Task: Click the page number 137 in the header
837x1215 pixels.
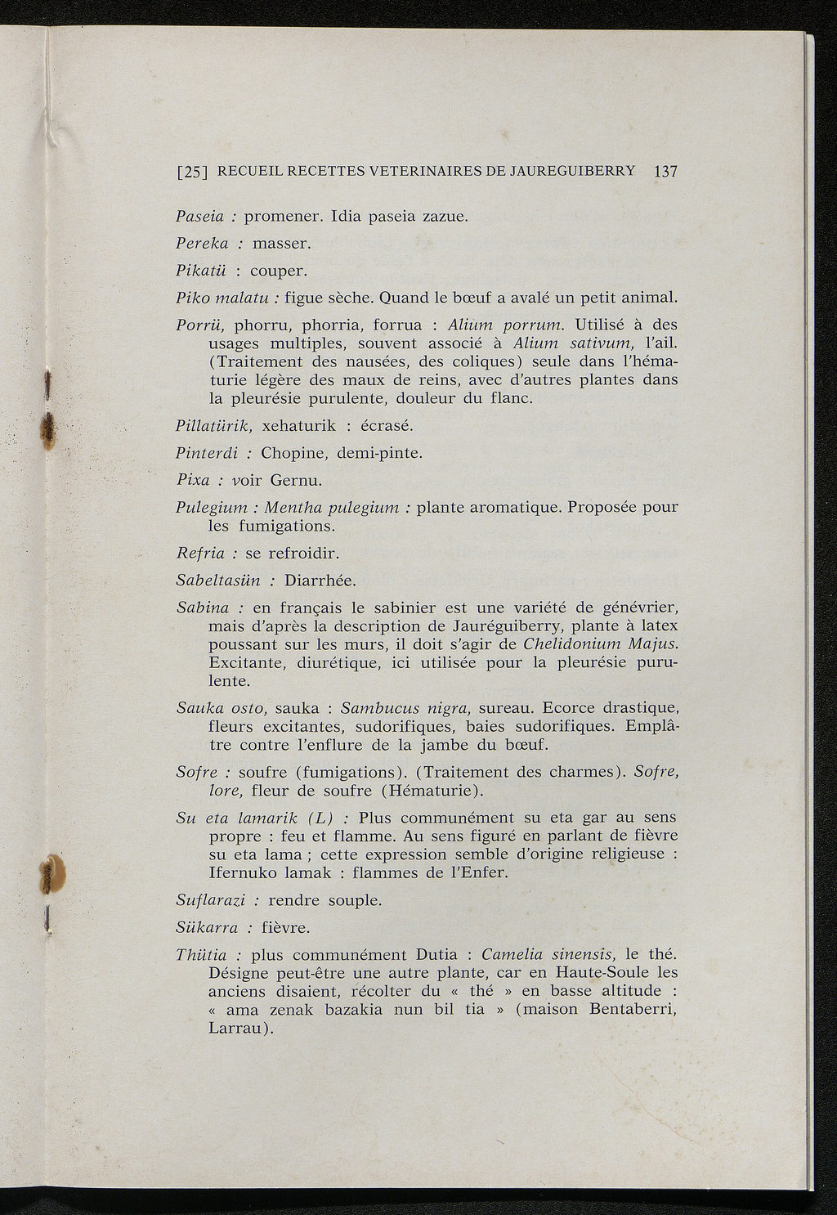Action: point(666,172)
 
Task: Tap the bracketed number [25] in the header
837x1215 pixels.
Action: point(193,173)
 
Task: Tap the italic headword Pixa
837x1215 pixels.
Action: point(192,480)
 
